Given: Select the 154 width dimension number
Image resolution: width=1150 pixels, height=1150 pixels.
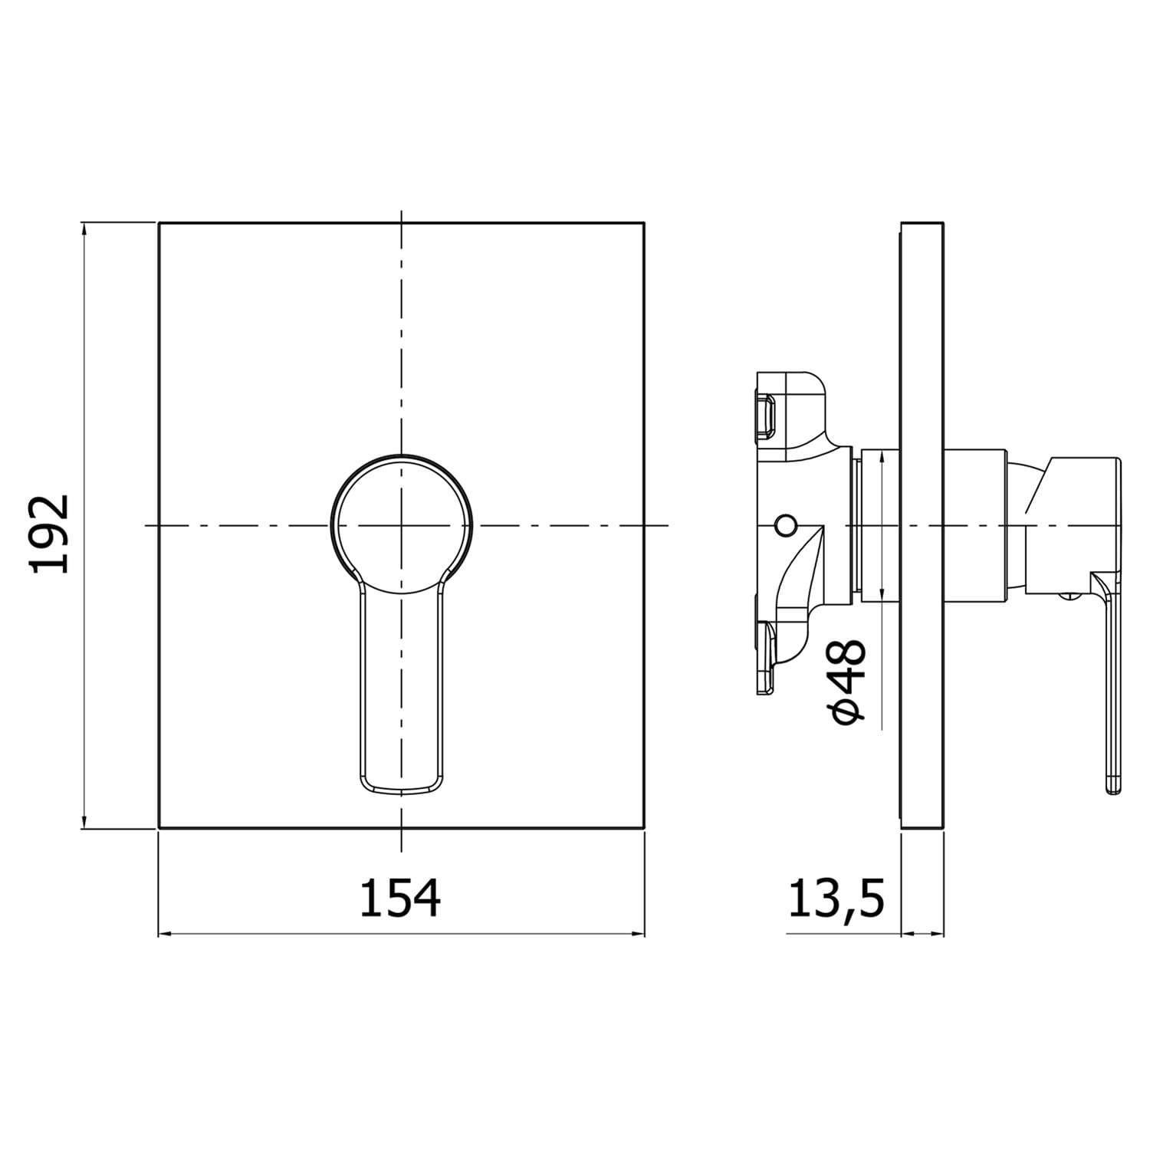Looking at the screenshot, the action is coord(400,899).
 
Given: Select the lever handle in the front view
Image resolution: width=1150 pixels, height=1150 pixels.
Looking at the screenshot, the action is coord(401,690).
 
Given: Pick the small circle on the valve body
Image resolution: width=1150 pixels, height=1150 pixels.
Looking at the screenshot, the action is coord(785,525).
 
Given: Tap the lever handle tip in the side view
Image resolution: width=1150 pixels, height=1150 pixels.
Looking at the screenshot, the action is coord(1114,786).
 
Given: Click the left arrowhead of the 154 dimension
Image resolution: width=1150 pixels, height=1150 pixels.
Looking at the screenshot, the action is coord(165,934).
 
